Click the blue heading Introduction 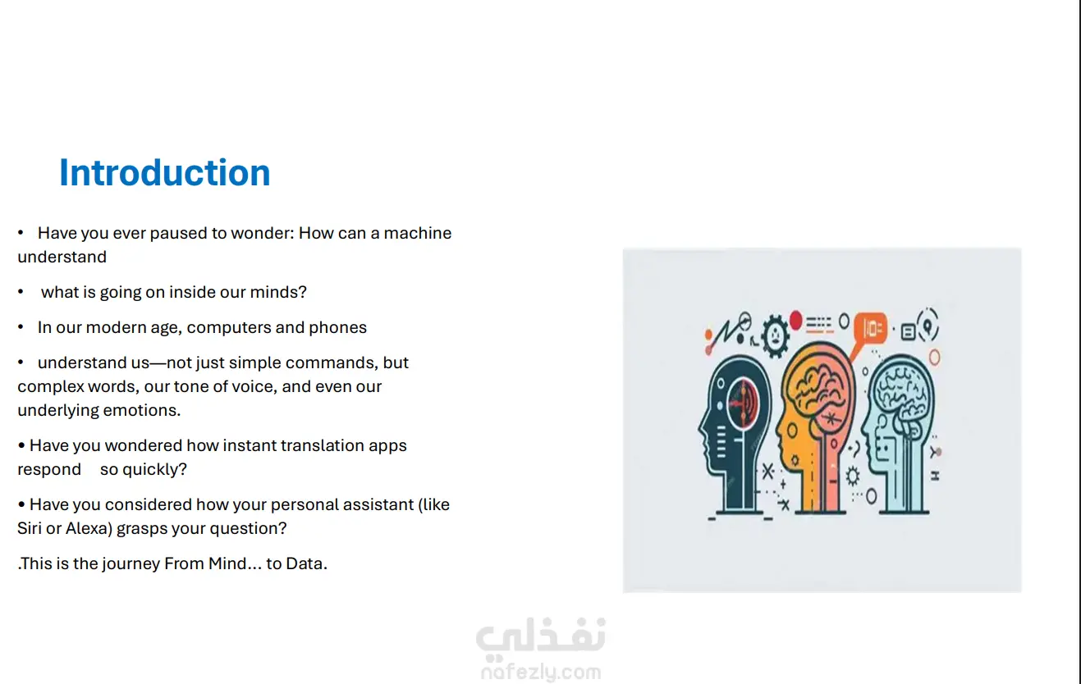click(164, 173)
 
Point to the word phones click(338, 328)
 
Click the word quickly click(154, 469)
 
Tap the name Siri click(29, 528)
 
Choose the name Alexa click(89, 528)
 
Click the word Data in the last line click(306, 563)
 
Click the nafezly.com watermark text click(541, 672)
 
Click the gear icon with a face click(775, 335)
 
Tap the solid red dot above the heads click(796, 321)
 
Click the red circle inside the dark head click(743, 403)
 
